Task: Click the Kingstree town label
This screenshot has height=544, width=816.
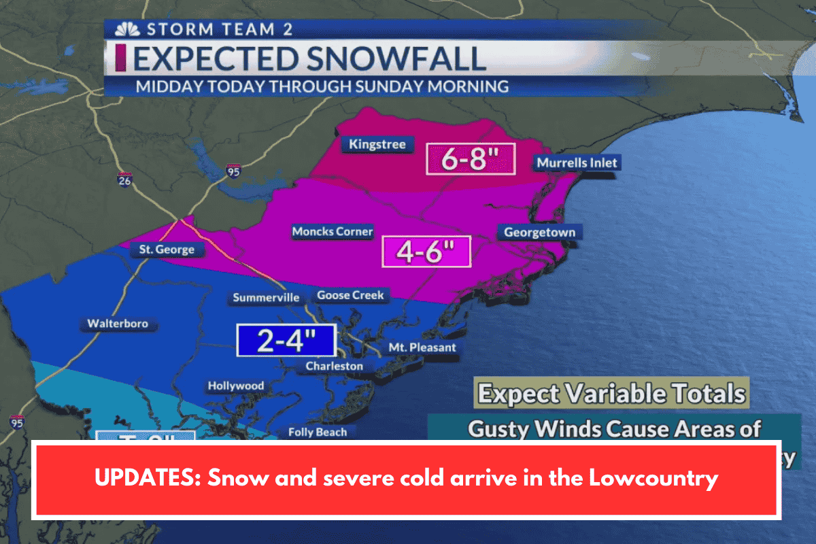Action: click(377, 144)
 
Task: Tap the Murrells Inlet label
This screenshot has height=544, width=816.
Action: click(577, 163)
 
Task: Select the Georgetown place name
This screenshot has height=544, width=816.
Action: click(539, 233)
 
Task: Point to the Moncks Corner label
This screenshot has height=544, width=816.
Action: click(333, 232)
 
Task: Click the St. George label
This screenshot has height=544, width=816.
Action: click(167, 250)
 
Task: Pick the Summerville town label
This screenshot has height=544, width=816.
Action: click(266, 298)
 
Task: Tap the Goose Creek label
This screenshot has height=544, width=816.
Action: click(351, 295)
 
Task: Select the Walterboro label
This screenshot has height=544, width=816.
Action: click(118, 324)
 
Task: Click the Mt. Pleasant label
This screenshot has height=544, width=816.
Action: click(422, 347)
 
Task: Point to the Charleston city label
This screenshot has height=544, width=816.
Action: click(334, 367)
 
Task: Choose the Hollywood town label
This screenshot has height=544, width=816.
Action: click(235, 386)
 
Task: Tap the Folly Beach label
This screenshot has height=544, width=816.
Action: click(318, 432)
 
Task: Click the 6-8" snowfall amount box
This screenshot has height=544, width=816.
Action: click(470, 160)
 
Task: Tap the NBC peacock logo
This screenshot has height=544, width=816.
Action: click(122, 30)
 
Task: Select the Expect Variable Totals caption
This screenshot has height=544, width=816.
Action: click(611, 394)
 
